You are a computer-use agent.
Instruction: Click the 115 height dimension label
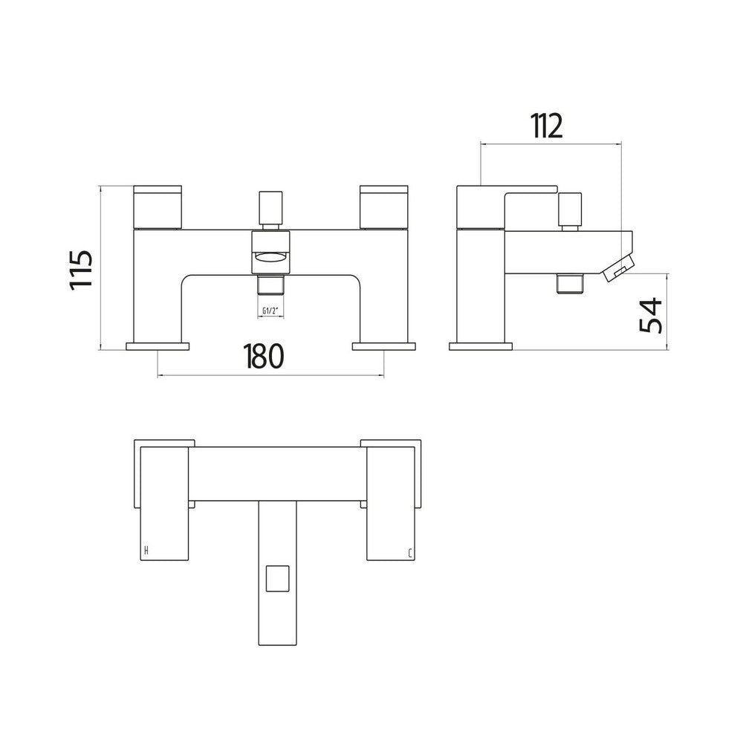click(x=82, y=269)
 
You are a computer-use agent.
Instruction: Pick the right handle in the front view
click(x=383, y=206)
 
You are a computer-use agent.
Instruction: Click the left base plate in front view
click(x=159, y=345)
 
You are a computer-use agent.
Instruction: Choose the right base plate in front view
click(x=384, y=345)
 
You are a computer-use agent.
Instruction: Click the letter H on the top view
click(x=146, y=551)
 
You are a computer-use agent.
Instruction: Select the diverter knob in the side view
click(x=571, y=210)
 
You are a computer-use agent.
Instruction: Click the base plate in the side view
click(x=481, y=345)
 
